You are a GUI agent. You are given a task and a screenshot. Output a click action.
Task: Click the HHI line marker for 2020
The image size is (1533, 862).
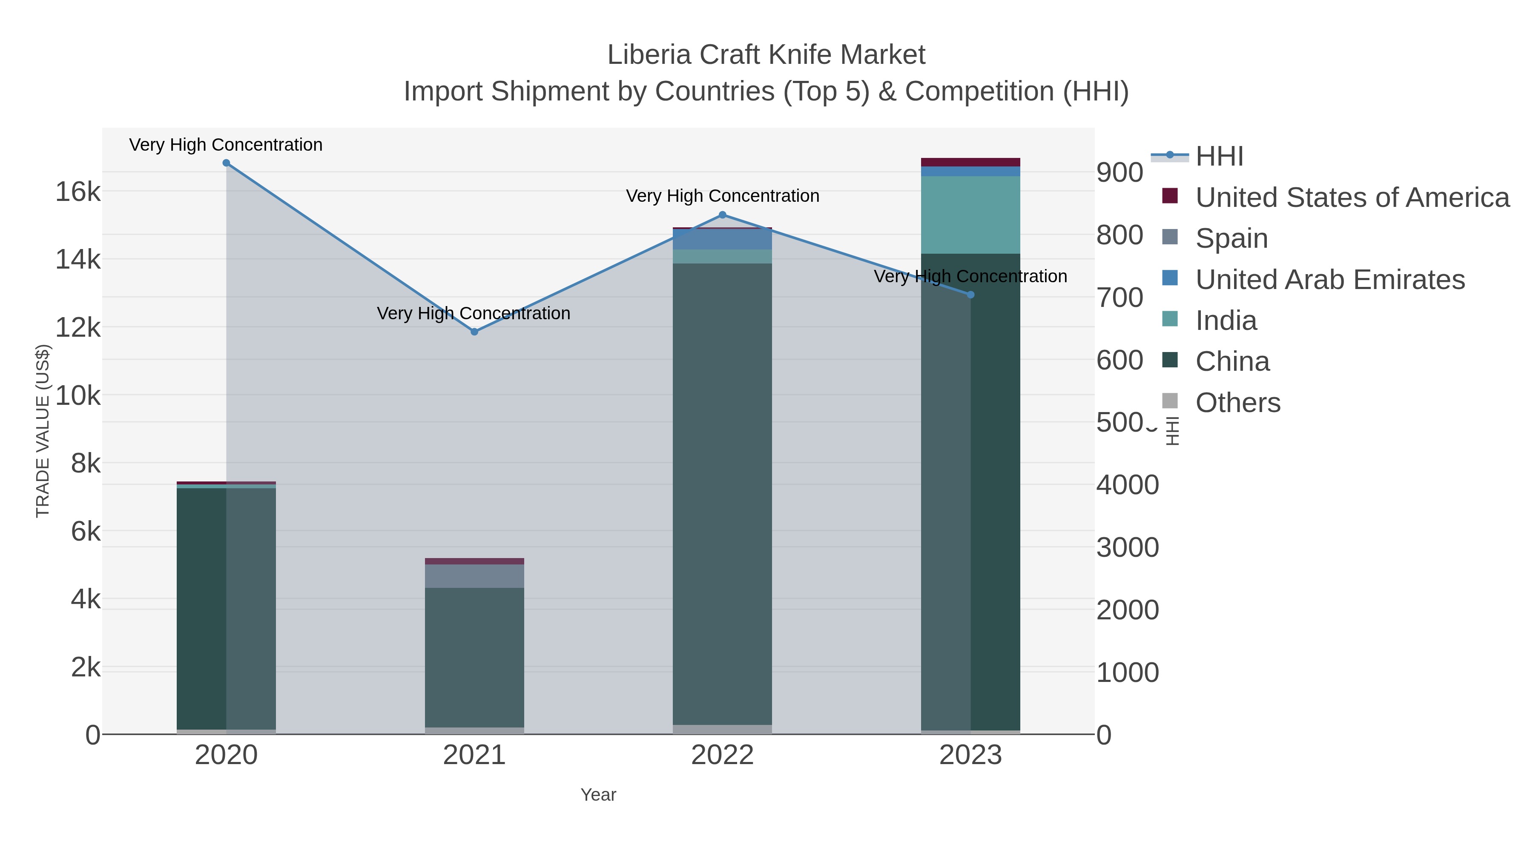226,163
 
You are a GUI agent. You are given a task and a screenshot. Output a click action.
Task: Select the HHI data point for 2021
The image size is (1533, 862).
474,332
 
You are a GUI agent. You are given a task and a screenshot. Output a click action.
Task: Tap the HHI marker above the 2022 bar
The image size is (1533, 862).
723,215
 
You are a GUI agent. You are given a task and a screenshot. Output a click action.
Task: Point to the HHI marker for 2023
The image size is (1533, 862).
970,295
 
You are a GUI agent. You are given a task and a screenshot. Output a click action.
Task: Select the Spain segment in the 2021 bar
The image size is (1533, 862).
474,576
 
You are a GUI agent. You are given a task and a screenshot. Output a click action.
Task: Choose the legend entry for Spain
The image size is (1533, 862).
1231,238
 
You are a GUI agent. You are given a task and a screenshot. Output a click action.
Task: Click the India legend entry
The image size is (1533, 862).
1226,321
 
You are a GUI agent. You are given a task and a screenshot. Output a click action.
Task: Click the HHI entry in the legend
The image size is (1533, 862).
1219,157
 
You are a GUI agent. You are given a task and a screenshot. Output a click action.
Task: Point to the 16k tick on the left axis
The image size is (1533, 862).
78,192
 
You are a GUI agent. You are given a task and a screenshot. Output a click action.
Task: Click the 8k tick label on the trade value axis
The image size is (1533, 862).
86,464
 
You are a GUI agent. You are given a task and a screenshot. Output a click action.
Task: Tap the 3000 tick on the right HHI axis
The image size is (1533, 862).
1128,547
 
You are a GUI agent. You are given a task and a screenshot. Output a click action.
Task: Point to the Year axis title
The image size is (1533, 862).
598,795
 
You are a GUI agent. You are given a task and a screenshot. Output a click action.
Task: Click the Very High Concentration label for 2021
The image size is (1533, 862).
474,313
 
